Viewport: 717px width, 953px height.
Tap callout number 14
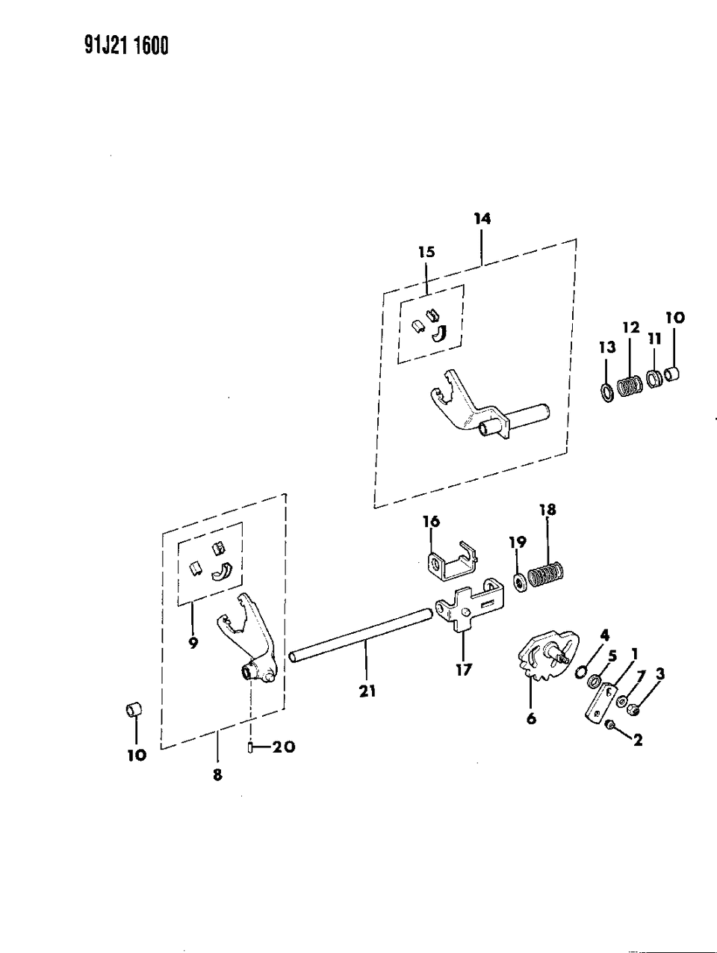click(x=482, y=218)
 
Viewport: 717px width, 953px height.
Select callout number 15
click(x=426, y=252)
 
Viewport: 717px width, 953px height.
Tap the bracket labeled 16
click(x=448, y=563)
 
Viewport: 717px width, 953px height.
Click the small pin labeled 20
click(x=251, y=746)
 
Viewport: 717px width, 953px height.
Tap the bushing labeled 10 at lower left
click(x=133, y=709)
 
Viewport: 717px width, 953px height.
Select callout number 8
click(x=217, y=776)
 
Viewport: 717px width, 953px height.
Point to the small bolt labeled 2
click(x=610, y=724)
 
